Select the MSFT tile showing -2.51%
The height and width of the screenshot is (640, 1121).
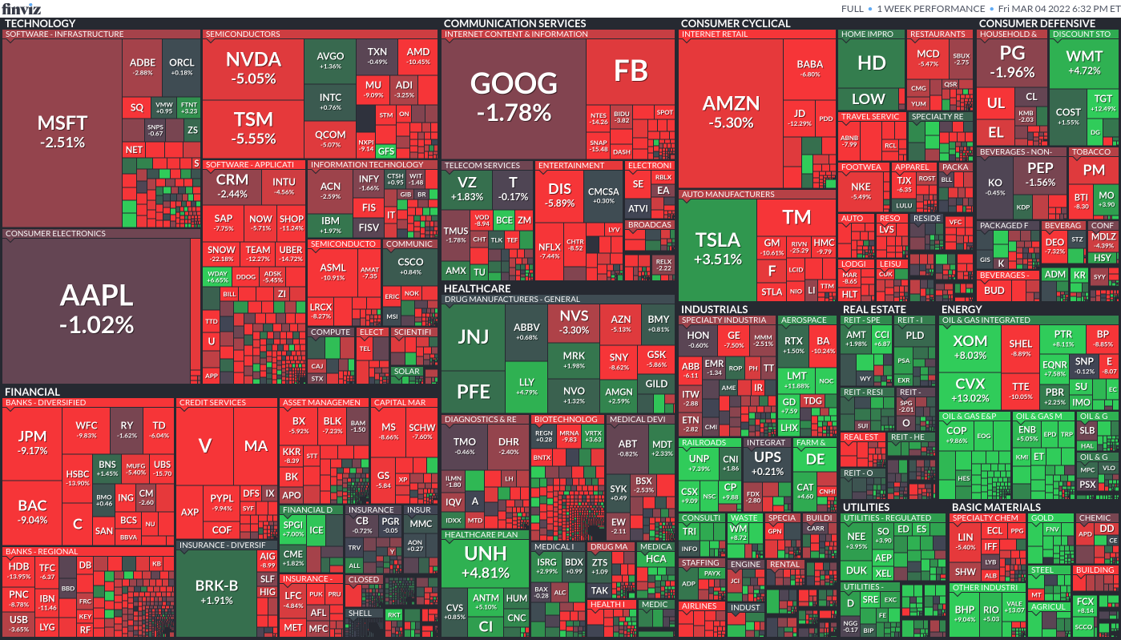(x=62, y=132)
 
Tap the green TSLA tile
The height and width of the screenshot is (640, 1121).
(x=717, y=248)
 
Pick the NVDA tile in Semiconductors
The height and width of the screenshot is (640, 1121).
(x=253, y=67)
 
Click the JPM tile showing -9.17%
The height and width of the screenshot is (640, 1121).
(x=33, y=442)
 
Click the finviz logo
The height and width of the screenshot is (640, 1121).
(x=20, y=8)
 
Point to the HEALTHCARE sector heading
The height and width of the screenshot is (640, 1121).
(x=477, y=288)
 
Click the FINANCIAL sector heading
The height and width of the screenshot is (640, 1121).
(x=32, y=392)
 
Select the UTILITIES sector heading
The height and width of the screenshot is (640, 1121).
(x=865, y=507)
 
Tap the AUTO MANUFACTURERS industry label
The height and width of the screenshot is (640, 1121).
(x=728, y=194)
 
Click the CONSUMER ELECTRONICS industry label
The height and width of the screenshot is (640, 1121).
(x=55, y=234)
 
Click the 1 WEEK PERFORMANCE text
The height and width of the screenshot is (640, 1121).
(x=930, y=9)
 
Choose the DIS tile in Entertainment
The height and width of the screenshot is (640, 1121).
(x=559, y=195)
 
